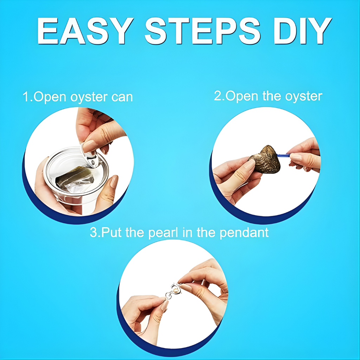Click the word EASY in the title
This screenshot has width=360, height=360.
click(85, 31)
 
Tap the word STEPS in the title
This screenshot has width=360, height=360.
click(203, 31)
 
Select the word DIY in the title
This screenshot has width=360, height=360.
click(303, 31)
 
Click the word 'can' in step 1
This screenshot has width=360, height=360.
click(122, 97)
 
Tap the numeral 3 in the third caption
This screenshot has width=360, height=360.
click(94, 232)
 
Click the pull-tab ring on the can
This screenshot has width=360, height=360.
click(90, 156)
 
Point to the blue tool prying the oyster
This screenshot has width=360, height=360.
click(284, 155)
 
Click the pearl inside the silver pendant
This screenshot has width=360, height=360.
click(176, 291)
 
